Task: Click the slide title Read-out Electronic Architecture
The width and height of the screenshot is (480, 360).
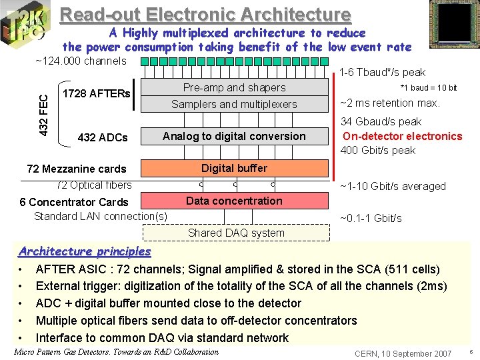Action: (205, 15)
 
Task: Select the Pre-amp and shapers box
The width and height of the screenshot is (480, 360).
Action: (234, 88)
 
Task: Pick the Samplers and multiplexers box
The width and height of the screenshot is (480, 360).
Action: (234, 104)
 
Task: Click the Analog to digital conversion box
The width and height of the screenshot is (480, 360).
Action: (234, 136)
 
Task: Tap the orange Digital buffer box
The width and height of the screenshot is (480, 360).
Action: (234, 168)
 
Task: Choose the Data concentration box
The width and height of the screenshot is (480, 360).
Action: (234, 201)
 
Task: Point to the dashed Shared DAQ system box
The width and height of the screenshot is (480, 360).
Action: (236, 233)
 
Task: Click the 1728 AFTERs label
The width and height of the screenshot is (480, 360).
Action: (96, 93)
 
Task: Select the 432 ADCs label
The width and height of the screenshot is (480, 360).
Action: (103, 137)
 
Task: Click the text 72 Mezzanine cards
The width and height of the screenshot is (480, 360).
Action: (75, 169)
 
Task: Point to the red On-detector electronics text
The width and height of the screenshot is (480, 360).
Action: (402, 136)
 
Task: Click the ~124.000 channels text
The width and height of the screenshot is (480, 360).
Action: (81, 61)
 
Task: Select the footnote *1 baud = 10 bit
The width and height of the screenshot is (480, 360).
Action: (428, 88)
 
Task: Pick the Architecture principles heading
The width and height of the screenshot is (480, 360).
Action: (85, 251)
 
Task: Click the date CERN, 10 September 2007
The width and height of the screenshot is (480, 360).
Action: (403, 353)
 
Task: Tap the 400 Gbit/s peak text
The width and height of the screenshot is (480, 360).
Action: (378, 150)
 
